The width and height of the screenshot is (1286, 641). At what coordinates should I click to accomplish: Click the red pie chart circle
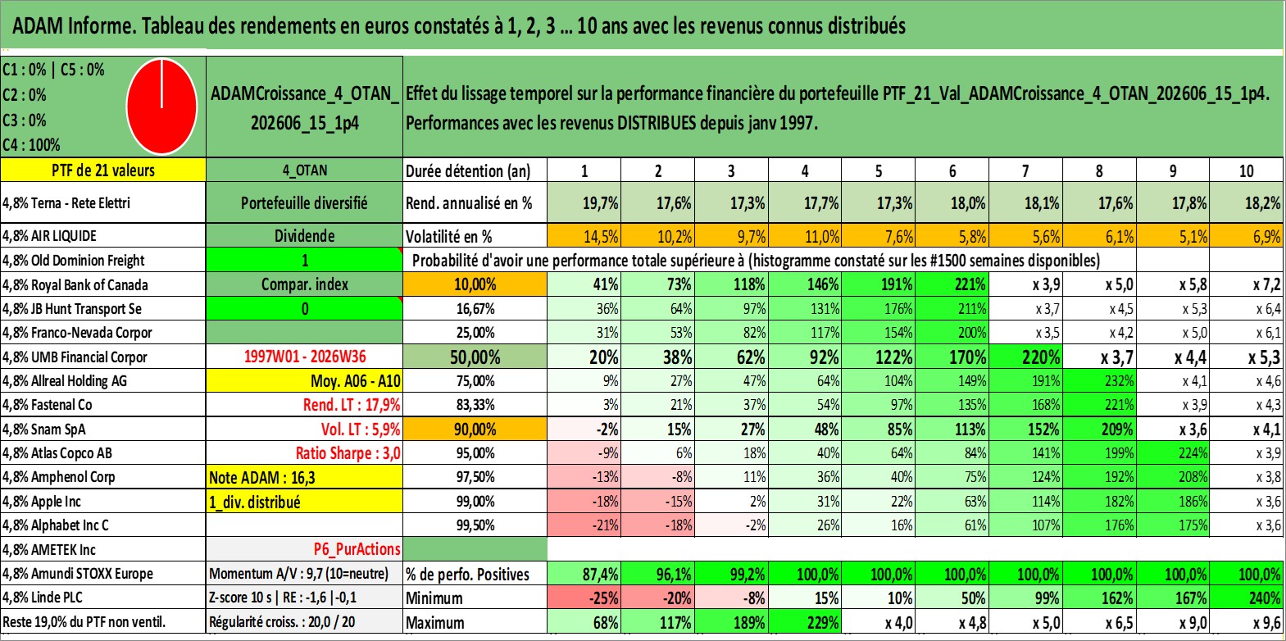161,107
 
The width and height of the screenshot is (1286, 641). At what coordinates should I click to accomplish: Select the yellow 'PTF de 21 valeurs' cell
102,170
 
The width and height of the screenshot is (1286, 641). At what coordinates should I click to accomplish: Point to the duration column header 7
1025,170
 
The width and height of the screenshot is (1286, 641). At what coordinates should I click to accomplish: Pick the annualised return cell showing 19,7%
584,202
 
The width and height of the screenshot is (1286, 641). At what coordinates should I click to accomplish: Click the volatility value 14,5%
584,236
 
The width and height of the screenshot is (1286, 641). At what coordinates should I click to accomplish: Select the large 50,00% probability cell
475,357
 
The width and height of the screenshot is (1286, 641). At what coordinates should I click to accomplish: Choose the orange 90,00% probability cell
475,429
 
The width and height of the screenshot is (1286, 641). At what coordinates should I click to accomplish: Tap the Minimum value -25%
584,598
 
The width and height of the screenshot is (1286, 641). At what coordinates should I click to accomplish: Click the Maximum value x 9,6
1247,623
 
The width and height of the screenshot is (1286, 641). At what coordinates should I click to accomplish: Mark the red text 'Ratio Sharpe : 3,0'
348,453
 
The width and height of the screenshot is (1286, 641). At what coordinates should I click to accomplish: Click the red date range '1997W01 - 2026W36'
305,357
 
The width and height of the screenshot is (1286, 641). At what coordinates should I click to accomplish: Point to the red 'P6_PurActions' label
357,549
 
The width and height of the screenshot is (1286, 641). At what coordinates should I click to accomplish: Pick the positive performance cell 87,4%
584,574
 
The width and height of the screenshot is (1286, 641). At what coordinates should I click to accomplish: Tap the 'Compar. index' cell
304,284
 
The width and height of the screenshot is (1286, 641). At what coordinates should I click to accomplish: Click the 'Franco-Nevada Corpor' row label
77,333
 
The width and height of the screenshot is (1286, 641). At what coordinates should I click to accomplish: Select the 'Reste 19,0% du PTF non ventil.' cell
84,622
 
